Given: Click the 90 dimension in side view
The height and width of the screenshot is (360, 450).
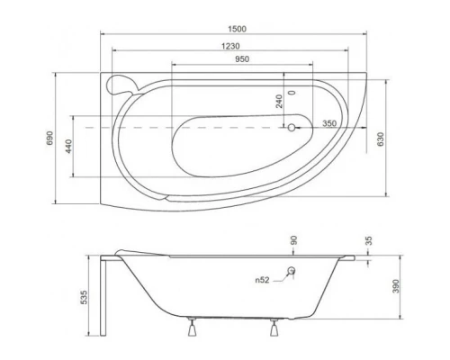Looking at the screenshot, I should click(x=292, y=240).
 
